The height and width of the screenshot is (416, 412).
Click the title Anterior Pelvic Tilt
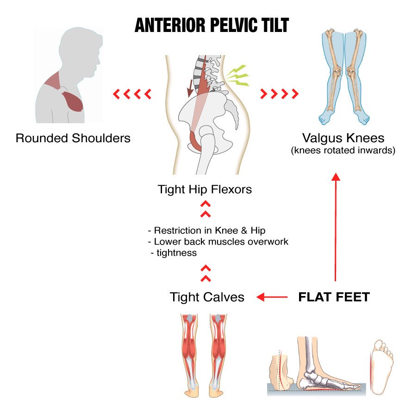212,25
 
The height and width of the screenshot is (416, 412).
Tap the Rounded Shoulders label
73,138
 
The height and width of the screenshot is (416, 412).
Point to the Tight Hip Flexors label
205,189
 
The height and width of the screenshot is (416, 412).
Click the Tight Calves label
207,297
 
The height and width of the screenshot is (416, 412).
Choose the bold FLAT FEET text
334,297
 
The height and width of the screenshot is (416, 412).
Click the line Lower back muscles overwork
218,241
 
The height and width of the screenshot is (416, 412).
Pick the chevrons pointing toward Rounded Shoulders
132,95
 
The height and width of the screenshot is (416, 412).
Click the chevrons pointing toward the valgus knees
280,95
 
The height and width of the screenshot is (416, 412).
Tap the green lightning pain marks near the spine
238,76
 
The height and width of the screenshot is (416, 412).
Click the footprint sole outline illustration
382,366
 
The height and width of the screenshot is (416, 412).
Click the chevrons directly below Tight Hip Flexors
206,209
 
